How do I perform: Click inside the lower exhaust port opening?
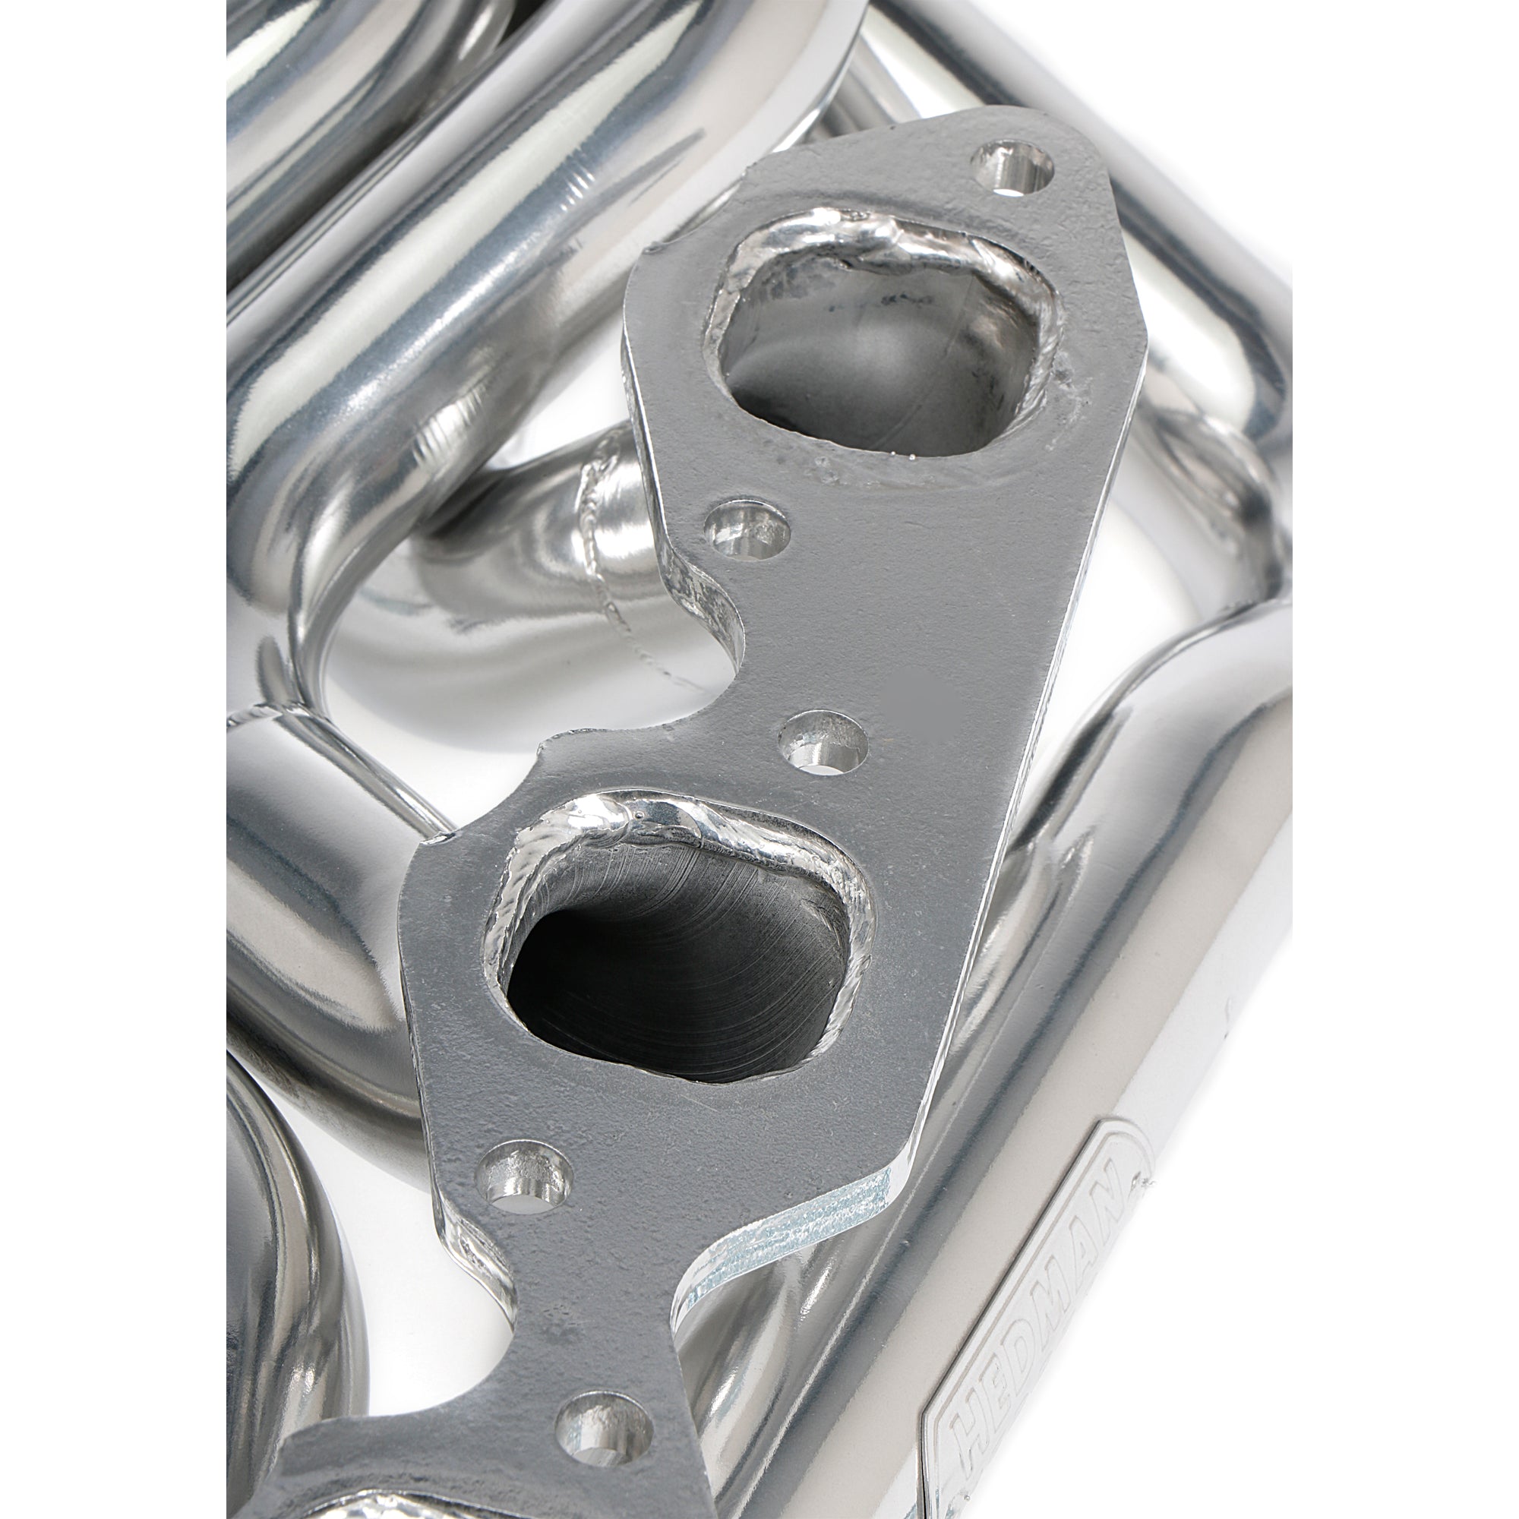(672, 975)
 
